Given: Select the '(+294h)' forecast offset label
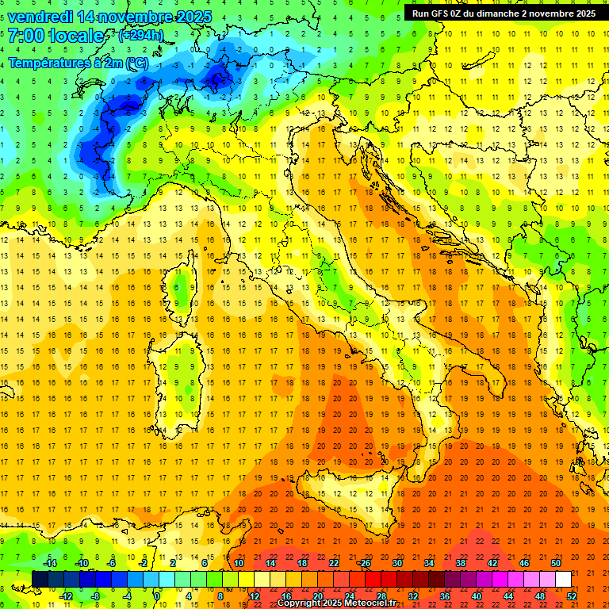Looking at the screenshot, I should coord(140,36).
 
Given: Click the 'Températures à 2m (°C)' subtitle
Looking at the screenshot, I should coord(78,62).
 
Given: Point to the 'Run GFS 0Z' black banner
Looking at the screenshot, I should coord(504,13).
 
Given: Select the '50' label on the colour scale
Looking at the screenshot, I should coord(556,563).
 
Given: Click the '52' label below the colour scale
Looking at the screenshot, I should coord(572,596).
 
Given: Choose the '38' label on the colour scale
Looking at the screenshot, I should coord(461,563).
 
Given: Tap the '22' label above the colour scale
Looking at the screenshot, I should coord(334,563).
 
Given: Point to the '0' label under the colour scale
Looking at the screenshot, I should coord(158,596).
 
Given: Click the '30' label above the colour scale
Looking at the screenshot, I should coord(397,563).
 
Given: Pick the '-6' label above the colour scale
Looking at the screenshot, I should coord(112,563).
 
